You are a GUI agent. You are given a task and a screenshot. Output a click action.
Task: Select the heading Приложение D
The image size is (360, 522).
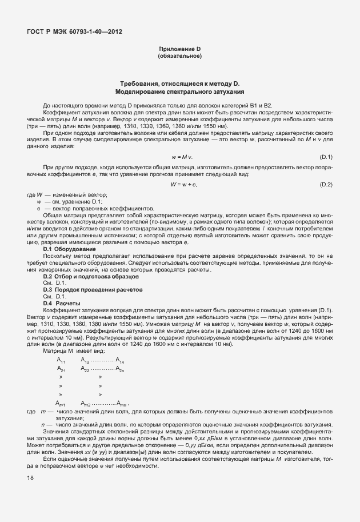(179, 50)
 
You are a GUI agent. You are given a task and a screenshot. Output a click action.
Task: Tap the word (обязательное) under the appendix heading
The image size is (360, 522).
(179, 56)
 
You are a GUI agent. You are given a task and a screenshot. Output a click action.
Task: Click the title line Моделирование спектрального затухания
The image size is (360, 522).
(179, 91)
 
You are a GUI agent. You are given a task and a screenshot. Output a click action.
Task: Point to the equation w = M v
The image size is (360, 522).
(182, 156)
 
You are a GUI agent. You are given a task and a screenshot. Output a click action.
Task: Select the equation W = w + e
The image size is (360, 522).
(183, 184)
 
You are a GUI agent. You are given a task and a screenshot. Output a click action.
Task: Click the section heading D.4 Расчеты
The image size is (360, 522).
(62, 303)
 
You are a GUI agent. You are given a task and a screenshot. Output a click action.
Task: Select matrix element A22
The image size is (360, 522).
(85, 370)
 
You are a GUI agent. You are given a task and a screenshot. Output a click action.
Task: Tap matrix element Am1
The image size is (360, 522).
(61, 404)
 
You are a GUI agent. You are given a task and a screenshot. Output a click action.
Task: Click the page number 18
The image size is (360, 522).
(29, 477)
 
